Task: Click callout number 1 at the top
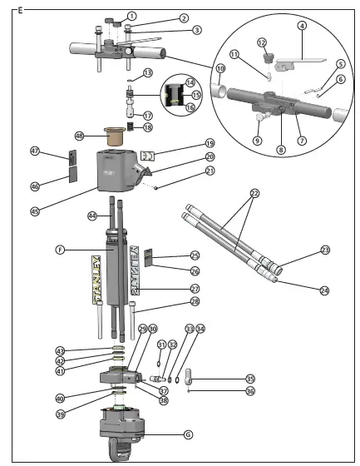pyautogui.click(x=131, y=14)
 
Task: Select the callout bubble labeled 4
pyautogui.click(x=301, y=25)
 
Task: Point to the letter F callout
pyautogui.click(x=60, y=249)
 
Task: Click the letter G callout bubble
pyautogui.click(x=188, y=434)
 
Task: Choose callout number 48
pyautogui.click(x=80, y=136)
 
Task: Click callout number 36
pyautogui.click(x=249, y=390)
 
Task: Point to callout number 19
pyautogui.click(x=187, y=143)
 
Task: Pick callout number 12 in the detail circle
pyautogui.click(x=261, y=42)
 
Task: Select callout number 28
pyautogui.click(x=194, y=300)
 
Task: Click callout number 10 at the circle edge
pyautogui.click(x=221, y=68)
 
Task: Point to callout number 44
pyautogui.click(x=93, y=216)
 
